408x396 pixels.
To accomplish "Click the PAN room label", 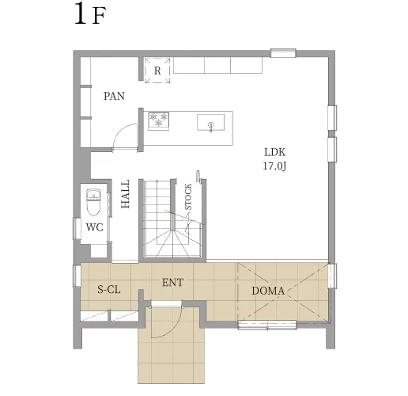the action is pyautogui.click(x=114, y=96).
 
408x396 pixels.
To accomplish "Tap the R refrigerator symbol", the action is pyautogui.click(x=157, y=70).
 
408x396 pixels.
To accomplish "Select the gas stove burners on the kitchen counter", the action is pyautogui.click(x=158, y=121).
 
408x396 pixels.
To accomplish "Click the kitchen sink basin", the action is pyautogui.click(x=210, y=122).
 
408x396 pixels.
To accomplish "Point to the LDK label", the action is pyautogui.click(x=274, y=152).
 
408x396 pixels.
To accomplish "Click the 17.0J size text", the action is pyautogui.click(x=274, y=166).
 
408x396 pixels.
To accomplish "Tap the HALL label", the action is pyautogui.click(x=126, y=194).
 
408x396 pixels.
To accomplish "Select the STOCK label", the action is pyautogui.click(x=188, y=197).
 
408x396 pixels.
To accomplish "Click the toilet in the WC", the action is pyautogui.click(x=93, y=202).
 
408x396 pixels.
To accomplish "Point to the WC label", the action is pyautogui.click(x=95, y=227).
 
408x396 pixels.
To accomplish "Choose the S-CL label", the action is pyautogui.click(x=109, y=290).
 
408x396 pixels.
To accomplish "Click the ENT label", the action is pyautogui.click(x=172, y=283).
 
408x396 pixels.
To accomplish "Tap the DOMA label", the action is pyautogui.click(x=268, y=291).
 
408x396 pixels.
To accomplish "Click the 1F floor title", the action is pyautogui.click(x=90, y=13).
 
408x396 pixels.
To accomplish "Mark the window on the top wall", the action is pyautogui.click(x=283, y=53).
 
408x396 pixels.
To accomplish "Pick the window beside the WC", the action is pyautogui.click(x=77, y=228).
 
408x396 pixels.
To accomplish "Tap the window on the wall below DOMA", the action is pyautogui.click(x=267, y=325).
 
